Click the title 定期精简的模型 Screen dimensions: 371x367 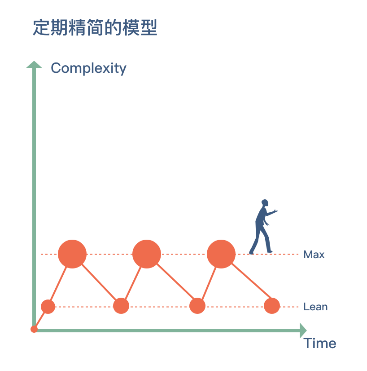click(x=95, y=28)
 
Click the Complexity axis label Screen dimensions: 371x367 click(x=88, y=68)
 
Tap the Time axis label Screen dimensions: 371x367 click(x=320, y=344)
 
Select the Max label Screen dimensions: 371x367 click(x=314, y=255)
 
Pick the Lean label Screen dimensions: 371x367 click(x=315, y=307)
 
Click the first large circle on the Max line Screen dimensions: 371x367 click(x=72, y=254)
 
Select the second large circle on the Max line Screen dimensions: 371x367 click(x=147, y=254)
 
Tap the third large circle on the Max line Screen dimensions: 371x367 click(x=221, y=254)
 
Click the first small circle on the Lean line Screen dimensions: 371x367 click(x=48, y=307)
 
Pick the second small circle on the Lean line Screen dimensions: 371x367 click(x=121, y=306)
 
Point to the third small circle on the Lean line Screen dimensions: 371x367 click(x=197, y=306)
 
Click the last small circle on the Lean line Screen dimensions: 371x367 click(x=272, y=306)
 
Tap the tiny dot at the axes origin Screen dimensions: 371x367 click(x=34, y=329)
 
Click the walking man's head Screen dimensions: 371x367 click(x=265, y=203)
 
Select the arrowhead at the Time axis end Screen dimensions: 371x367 click(x=303, y=330)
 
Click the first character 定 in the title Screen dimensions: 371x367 click(x=41, y=28)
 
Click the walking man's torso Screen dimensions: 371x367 click(x=261, y=219)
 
